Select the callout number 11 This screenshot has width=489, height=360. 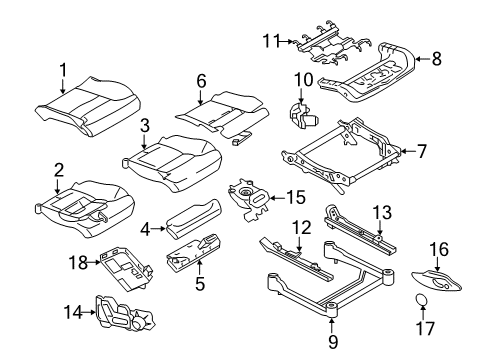267,41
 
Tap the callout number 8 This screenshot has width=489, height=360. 436,59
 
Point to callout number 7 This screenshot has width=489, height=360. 420,152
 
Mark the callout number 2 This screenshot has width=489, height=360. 58,169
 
